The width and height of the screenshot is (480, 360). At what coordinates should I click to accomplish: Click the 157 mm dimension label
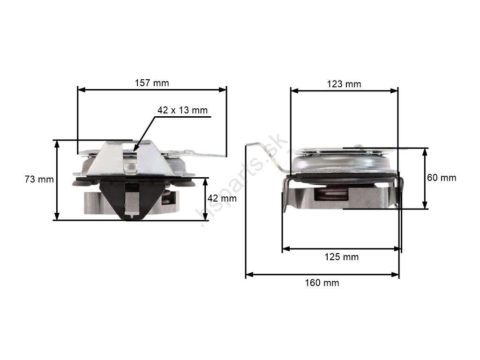(x=152, y=83)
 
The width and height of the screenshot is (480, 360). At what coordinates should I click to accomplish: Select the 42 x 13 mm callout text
(x=182, y=110)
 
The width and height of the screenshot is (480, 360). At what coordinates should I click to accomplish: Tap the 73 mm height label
(x=39, y=179)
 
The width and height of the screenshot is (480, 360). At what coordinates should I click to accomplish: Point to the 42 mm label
(x=222, y=198)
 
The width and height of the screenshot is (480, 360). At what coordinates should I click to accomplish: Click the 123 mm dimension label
(x=344, y=84)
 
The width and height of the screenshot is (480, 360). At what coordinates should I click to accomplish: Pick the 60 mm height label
(x=442, y=178)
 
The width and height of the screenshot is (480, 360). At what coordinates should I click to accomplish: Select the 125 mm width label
(x=342, y=257)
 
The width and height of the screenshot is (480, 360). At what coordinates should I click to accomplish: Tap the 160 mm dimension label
(x=322, y=283)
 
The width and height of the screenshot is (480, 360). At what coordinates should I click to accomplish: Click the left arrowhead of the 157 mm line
(x=82, y=90)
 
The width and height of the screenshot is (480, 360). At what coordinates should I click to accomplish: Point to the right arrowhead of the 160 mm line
(x=395, y=275)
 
